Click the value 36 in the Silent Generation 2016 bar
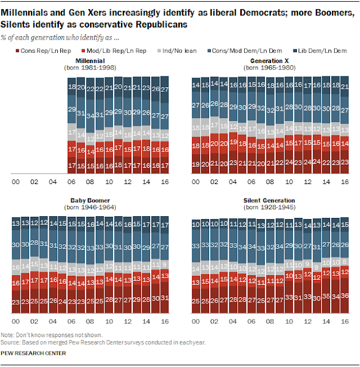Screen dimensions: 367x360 click(344, 296)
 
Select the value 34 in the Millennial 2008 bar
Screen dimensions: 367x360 click(89, 115)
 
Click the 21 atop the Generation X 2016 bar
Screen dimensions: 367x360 click(344, 86)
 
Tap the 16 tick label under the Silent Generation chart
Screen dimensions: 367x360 click(344, 322)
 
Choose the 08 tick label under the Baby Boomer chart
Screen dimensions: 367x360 click(89, 322)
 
